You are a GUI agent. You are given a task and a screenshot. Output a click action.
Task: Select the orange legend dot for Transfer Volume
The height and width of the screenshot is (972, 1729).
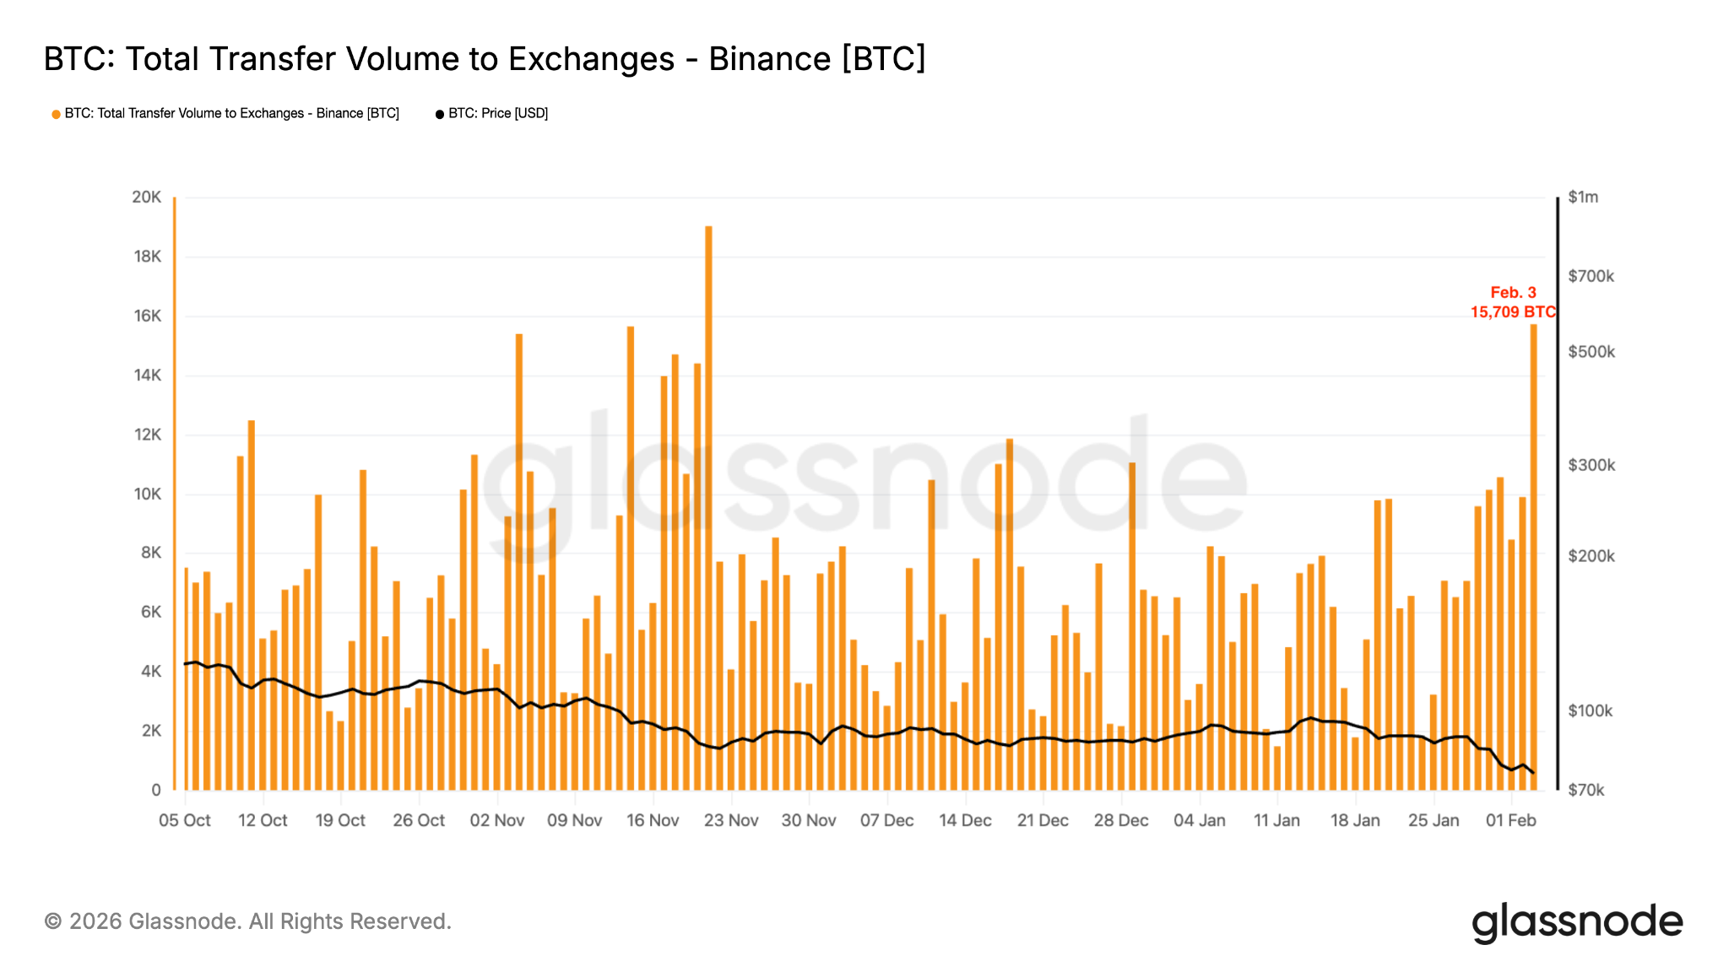point(56,114)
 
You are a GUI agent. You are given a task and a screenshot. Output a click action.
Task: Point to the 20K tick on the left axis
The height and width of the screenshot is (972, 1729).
point(146,197)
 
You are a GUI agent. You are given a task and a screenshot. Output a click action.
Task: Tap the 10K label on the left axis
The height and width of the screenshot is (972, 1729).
point(147,494)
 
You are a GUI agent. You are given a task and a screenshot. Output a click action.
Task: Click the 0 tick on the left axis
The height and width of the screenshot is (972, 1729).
point(156,791)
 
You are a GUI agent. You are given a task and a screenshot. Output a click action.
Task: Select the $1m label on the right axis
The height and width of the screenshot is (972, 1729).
point(1583,197)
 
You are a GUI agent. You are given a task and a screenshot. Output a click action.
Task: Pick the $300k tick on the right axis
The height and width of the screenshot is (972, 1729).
point(1591,465)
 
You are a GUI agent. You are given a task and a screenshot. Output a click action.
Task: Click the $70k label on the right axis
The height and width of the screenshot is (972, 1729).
point(1586,791)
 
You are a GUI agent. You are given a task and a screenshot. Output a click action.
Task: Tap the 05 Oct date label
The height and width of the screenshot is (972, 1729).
point(185,820)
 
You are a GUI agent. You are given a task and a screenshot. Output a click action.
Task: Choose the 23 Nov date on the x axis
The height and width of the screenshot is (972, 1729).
point(731,820)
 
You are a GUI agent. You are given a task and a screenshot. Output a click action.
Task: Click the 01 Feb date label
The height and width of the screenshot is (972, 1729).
point(1511,820)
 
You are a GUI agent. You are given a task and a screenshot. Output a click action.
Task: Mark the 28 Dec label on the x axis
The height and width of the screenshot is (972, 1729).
point(1121,820)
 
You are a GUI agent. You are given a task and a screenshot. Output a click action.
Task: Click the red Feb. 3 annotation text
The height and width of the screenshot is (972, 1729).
point(1513,293)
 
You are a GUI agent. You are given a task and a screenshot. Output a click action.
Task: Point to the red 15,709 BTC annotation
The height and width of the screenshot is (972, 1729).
point(1513,312)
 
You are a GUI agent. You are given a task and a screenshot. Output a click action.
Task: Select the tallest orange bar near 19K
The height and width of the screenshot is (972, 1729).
point(708,506)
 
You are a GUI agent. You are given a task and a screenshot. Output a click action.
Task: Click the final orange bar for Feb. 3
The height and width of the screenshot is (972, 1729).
point(1534,557)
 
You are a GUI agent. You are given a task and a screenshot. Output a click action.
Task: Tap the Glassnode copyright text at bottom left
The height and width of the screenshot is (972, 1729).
point(248,921)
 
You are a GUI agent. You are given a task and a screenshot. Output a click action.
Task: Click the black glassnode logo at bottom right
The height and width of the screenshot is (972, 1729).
point(1577,922)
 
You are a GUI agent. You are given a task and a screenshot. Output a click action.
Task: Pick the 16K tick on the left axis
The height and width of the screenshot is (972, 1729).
point(147,316)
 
